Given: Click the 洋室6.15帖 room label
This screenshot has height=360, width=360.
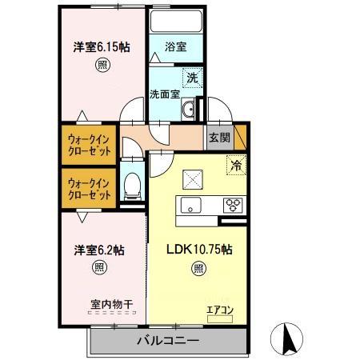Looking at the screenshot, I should (102, 46).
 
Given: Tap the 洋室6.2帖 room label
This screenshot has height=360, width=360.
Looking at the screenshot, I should (99, 250).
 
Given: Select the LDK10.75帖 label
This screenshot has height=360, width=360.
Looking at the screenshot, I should (199, 250).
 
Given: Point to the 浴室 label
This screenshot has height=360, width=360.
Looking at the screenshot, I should (176, 47).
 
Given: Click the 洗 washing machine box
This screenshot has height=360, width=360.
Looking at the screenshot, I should (192, 78).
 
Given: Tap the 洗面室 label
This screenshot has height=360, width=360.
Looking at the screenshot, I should (165, 94).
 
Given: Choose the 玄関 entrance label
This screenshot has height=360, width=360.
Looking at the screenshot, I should (220, 137).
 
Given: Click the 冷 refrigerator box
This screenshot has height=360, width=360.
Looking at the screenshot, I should (236, 166).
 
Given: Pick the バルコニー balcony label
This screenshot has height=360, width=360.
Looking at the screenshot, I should (167, 339).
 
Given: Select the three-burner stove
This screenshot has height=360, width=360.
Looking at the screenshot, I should (233, 203).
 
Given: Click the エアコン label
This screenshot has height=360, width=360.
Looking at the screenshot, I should (219, 309).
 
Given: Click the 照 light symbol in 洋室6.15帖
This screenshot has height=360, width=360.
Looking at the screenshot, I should (102, 65).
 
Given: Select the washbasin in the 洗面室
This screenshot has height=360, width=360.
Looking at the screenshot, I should (190, 110).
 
